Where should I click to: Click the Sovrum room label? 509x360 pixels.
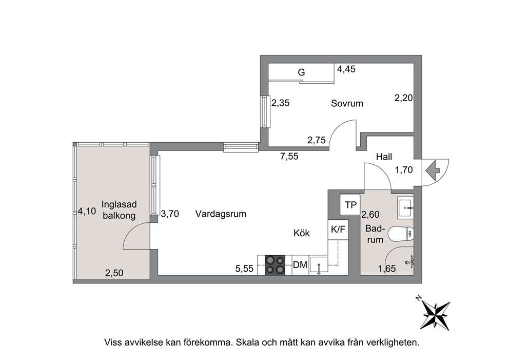[347, 103]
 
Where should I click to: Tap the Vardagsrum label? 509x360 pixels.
[221, 214]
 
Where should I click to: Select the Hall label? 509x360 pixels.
[384, 157]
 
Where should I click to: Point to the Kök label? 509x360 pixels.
[302, 233]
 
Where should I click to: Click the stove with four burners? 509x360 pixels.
[275, 265]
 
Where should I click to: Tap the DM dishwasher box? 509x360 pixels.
[300, 265]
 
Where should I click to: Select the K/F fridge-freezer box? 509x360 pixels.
[338, 230]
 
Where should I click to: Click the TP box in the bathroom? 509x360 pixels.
[350, 205]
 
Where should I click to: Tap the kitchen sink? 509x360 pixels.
[319, 265]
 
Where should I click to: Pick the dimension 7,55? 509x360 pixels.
[289, 157]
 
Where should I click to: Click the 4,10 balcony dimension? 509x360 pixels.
[87, 212]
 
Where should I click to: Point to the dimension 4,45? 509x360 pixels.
[346, 69]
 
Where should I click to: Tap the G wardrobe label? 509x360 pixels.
[302, 72]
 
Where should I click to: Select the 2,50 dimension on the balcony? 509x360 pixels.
[114, 273]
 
